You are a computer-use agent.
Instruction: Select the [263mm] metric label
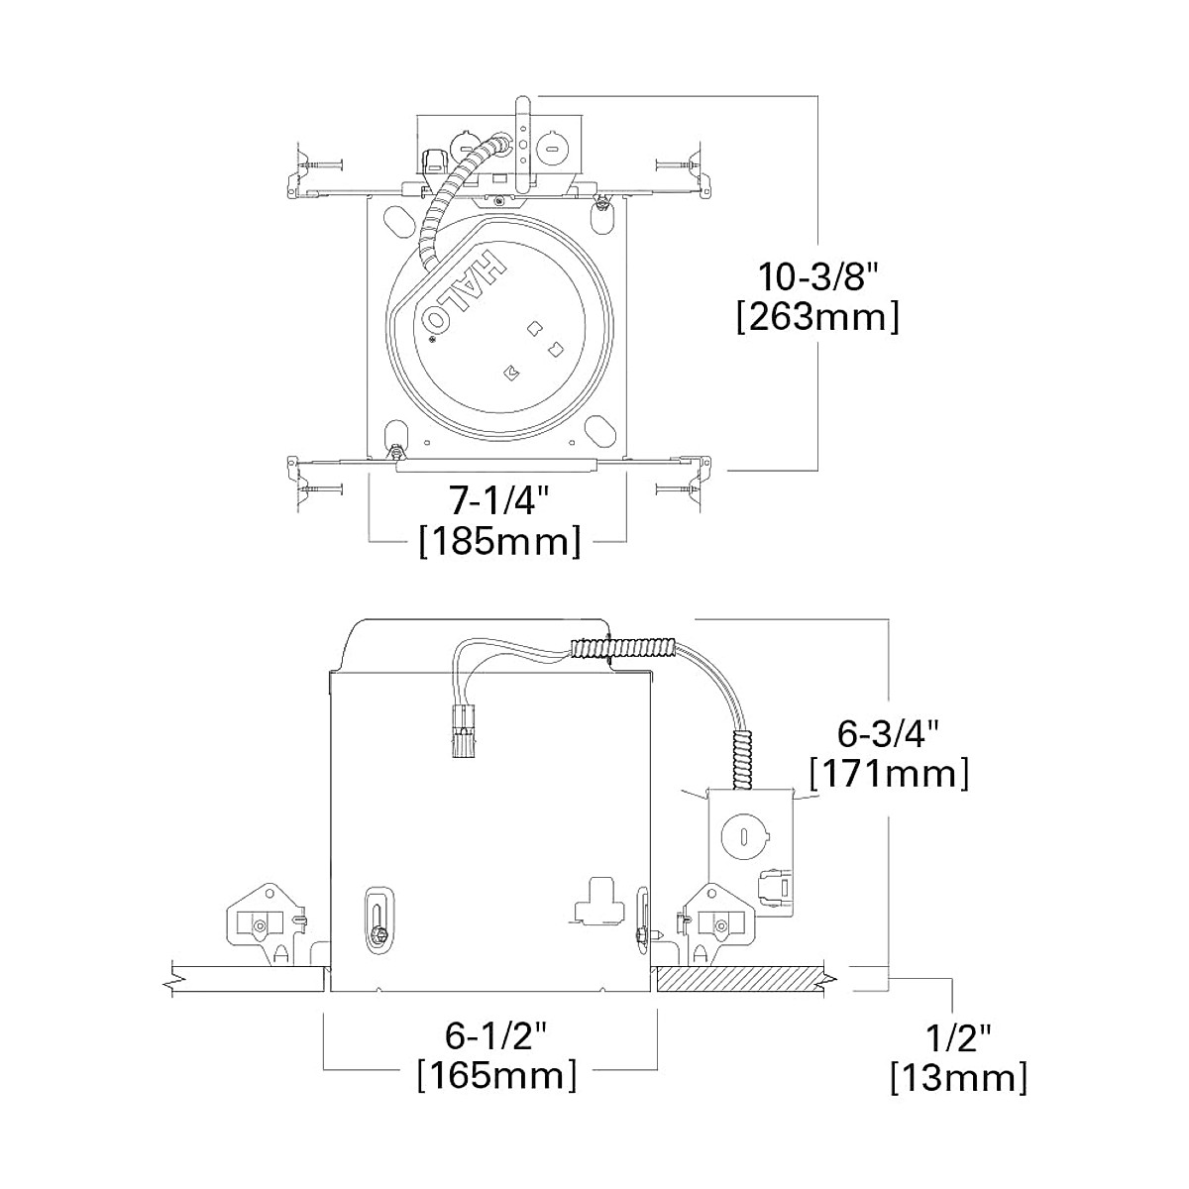click(818, 317)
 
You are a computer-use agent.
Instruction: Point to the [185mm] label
click(499, 542)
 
